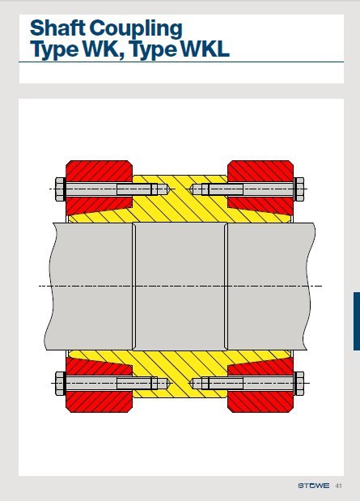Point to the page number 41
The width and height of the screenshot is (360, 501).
(x=338, y=486)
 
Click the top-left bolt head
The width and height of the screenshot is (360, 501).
(x=59, y=189)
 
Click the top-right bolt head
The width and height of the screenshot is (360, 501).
(x=299, y=189)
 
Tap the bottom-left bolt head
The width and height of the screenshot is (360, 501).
(x=59, y=383)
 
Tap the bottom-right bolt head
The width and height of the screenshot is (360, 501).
(x=299, y=383)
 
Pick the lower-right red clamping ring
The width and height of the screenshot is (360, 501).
(x=260, y=398)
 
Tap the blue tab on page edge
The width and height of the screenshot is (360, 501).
(x=356, y=321)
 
